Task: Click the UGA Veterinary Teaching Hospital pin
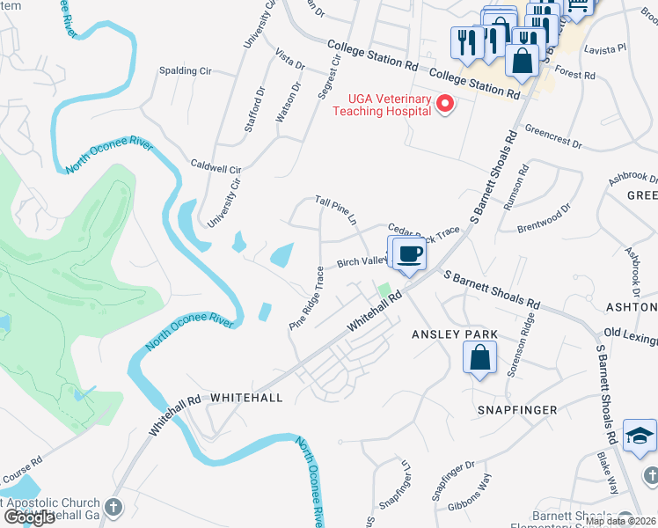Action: [445, 106]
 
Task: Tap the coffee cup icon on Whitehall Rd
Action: [409, 254]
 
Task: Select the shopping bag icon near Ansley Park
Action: [479, 357]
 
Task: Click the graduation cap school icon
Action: [640, 436]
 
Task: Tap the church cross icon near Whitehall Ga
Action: [113, 507]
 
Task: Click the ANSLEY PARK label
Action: [455, 334]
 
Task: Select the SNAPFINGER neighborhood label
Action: [517, 410]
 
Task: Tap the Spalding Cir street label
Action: [185, 70]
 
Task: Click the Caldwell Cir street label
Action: [216, 167]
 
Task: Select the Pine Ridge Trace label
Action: [307, 300]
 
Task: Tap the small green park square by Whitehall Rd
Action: [384, 290]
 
